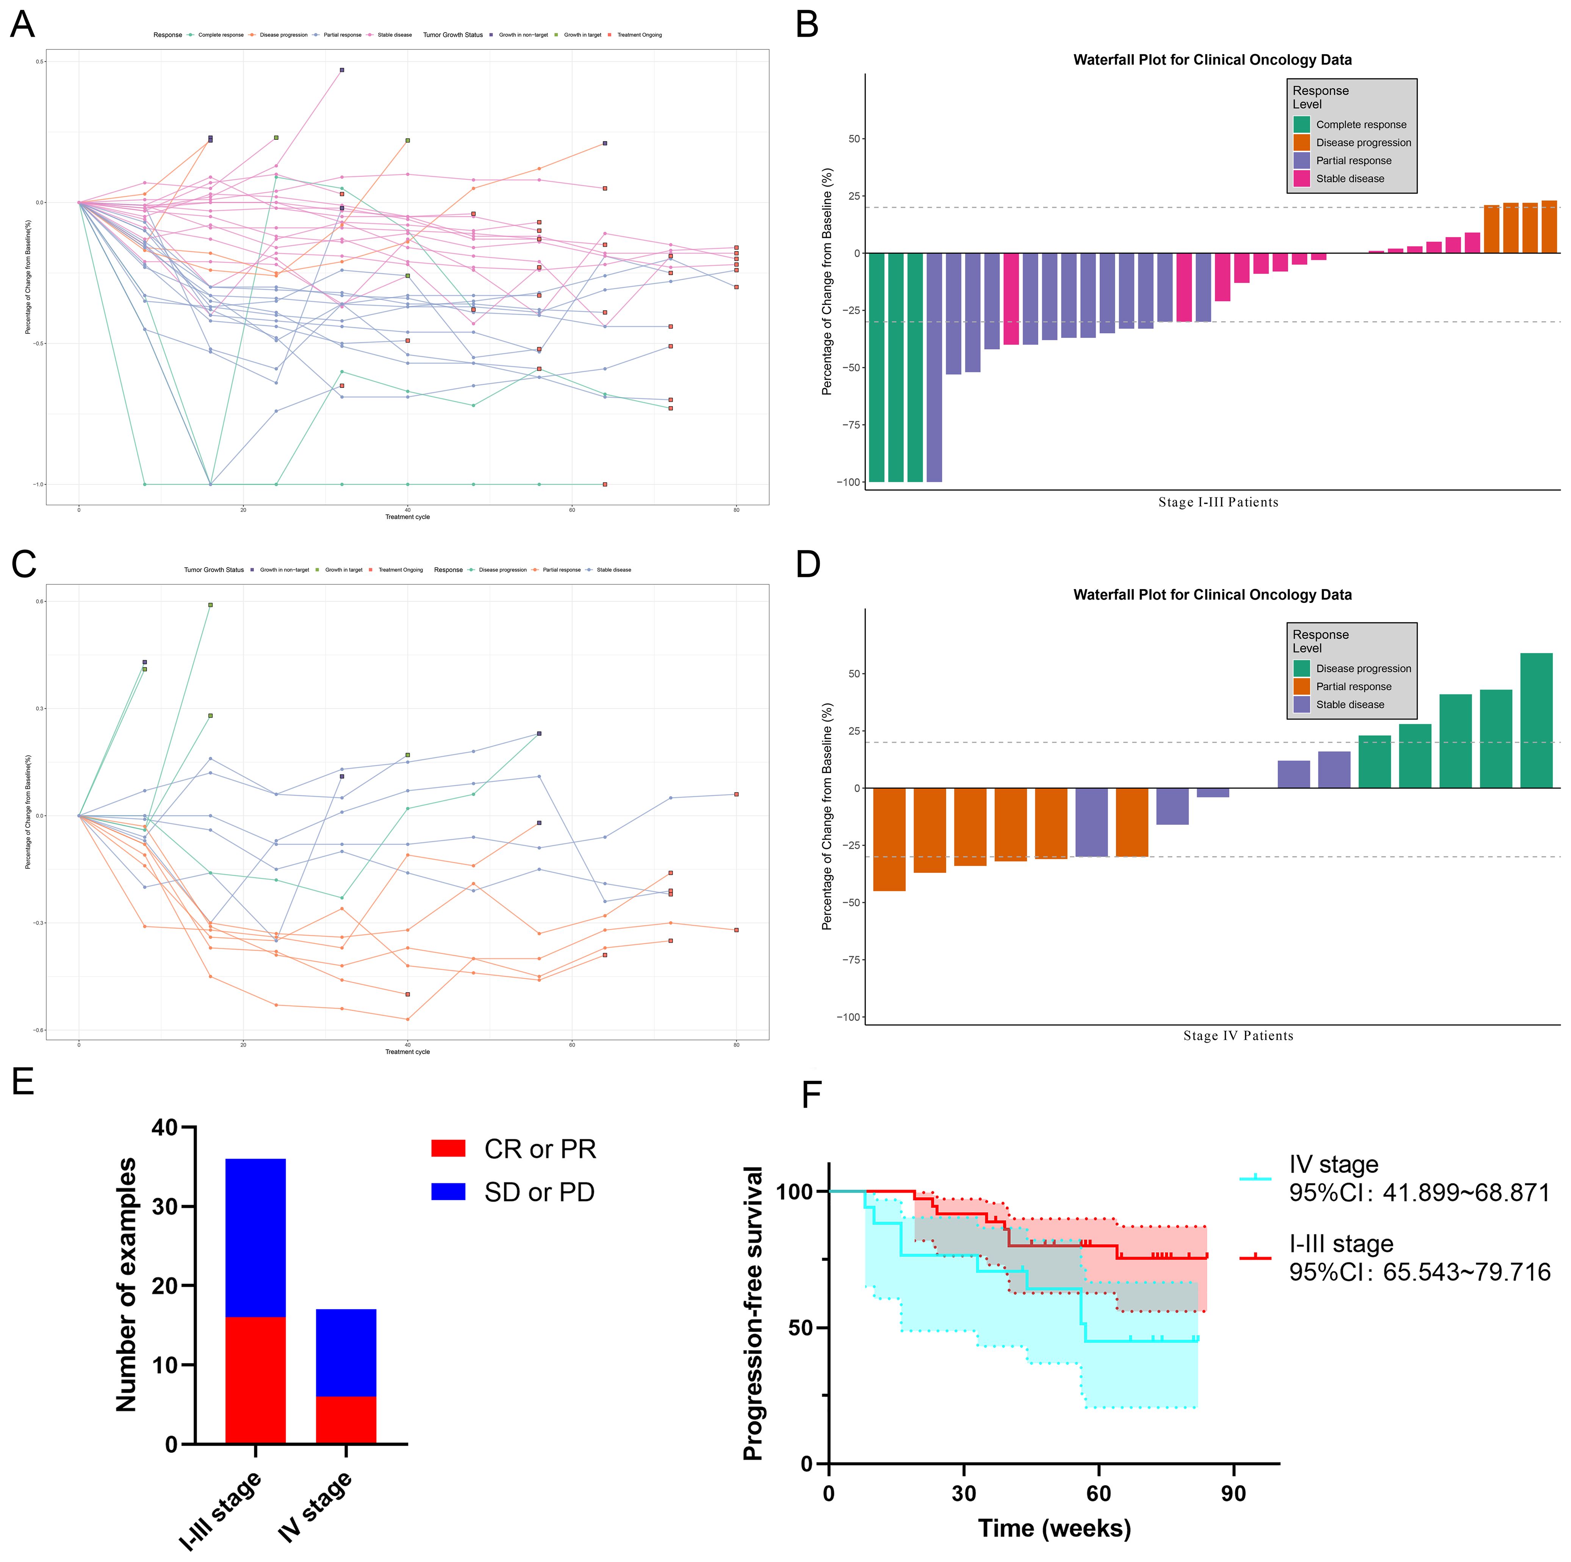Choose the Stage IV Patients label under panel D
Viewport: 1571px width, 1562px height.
pos(1238,1036)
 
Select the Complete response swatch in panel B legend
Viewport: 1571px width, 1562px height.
pos(1302,124)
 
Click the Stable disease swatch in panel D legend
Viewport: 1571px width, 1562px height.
pos(1302,704)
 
